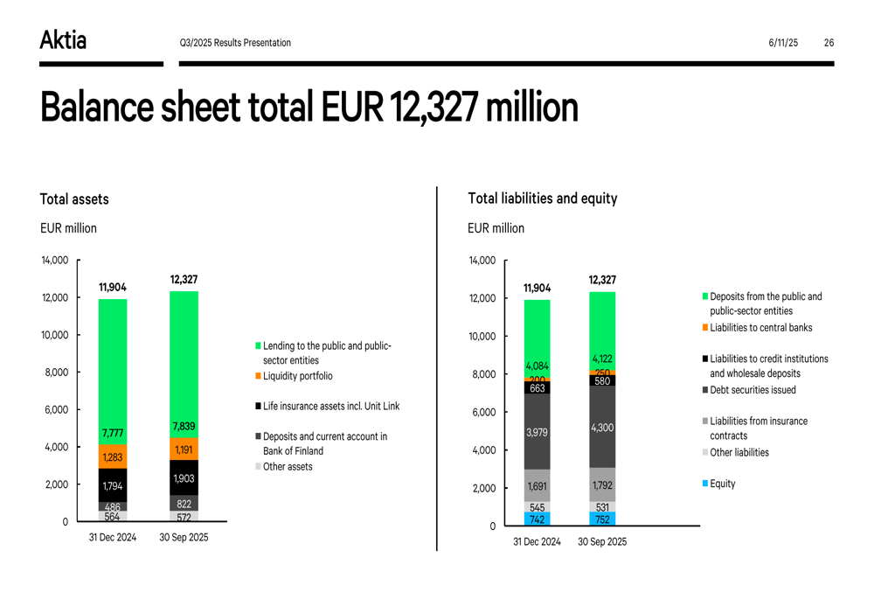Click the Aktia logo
(x=63, y=40)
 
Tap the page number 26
(x=829, y=43)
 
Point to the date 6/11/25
(x=783, y=43)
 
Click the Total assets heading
(x=74, y=199)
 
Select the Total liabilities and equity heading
(x=542, y=199)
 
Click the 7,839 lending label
(x=184, y=427)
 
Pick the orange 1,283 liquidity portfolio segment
(x=112, y=456)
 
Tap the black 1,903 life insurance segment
(x=184, y=477)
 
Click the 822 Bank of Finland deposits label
(x=184, y=504)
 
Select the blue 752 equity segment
(x=602, y=519)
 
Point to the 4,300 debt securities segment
(x=602, y=427)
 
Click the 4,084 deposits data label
(x=537, y=366)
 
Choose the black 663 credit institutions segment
(x=537, y=387)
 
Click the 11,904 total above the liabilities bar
(x=537, y=288)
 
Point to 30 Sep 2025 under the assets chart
(x=184, y=538)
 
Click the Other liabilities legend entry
(x=739, y=453)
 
